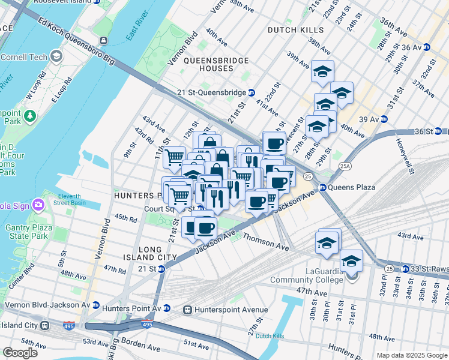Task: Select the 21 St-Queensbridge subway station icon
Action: (252, 92)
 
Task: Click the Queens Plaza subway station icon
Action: (322, 187)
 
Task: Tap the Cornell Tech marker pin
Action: (56, 56)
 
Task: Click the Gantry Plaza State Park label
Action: (26, 232)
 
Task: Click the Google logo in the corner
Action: (20, 353)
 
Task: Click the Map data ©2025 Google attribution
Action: (412, 355)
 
